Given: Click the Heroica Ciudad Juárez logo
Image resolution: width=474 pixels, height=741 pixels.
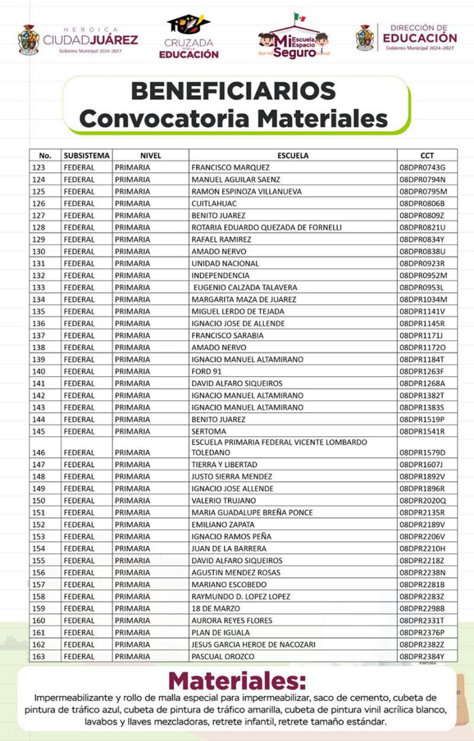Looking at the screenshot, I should pyautogui.click(x=78, y=39).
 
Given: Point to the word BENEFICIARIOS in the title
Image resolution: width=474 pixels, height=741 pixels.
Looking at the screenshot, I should pyautogui.click(x=233, y=90).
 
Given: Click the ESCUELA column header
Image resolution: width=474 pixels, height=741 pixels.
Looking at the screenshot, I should pyautogui.click(x=293, y=155).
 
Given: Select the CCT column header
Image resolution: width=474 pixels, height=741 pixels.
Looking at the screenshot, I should pyautogui.click(x=427, y=155).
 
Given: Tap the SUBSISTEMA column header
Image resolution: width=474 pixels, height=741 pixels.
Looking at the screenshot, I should pyautogui.click(x=86, y=155).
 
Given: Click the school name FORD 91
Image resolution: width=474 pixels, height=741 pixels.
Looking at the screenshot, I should pyautogui.click(x=206, y=372).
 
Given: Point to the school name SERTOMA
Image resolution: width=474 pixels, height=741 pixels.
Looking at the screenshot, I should pyautogui.click(x=208, y=431).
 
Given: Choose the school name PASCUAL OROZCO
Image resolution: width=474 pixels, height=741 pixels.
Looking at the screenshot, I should pyautogui.click(x=223, y=656).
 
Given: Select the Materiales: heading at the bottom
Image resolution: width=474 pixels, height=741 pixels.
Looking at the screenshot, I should pyautogui.click(x=237, y=681).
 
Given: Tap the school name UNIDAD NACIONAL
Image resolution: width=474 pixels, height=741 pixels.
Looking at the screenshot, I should pyautogui.click(x=225, y=263).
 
